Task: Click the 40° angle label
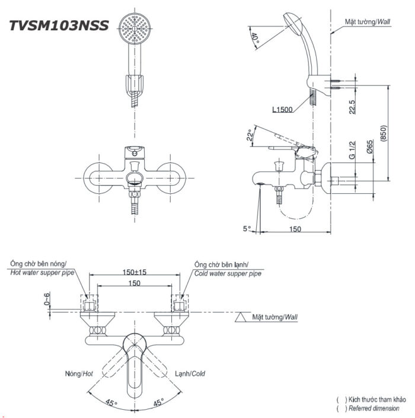255,41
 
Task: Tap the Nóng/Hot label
79,374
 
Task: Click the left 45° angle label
111,403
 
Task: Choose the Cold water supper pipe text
228,273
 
